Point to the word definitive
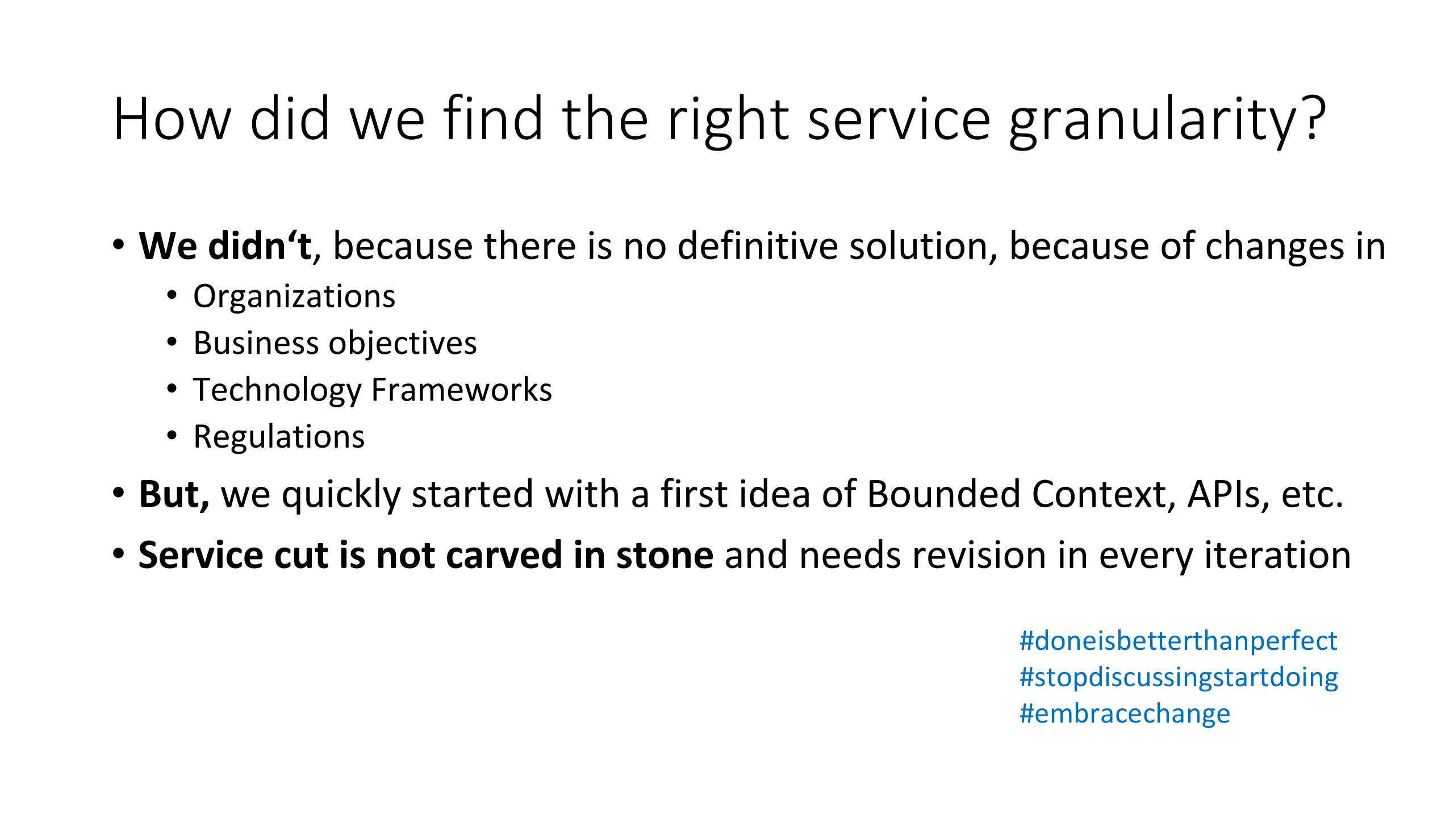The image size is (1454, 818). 758,245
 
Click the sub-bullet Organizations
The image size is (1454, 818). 294,297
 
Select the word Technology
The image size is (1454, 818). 278,390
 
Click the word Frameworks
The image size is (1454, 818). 461,390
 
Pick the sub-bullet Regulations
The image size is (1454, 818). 279,437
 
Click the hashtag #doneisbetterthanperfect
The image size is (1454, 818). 1179,641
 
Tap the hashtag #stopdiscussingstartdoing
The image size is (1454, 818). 1179,678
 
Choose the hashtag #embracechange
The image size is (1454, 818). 1125,713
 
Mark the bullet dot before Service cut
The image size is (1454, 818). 118,553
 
